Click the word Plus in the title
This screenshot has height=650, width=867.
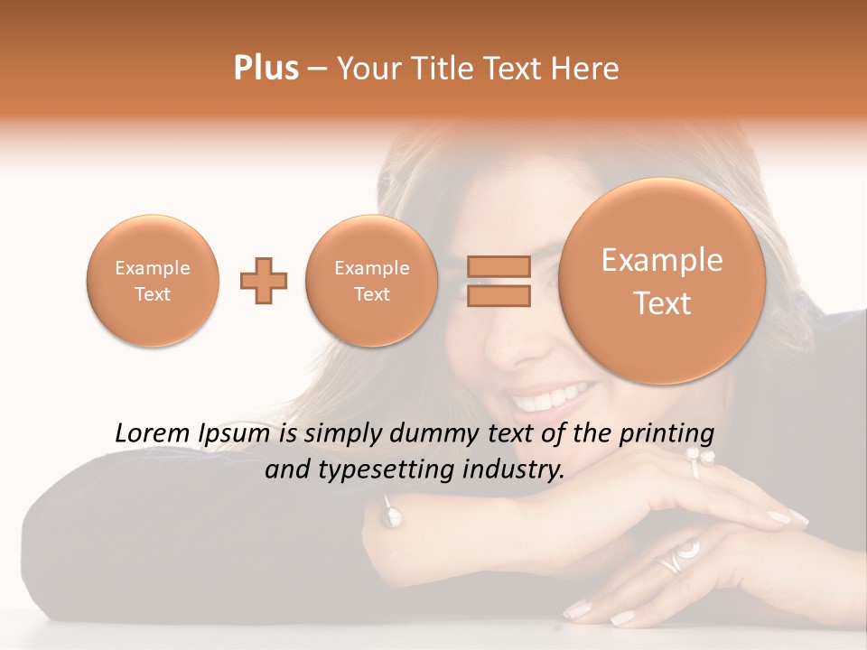[x=266, y=69]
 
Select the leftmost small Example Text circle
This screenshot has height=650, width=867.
[x=152, y=281]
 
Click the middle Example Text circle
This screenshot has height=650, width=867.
[x=371, y=281]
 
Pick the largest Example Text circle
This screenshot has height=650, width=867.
[x=662, y=281]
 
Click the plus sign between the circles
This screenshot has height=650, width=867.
[x=264, y=281]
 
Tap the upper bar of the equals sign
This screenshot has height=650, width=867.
[x=498, y=266]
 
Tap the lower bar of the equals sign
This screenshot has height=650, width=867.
[x=498, y=295]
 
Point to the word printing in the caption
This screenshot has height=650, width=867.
[x=666, y=434]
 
